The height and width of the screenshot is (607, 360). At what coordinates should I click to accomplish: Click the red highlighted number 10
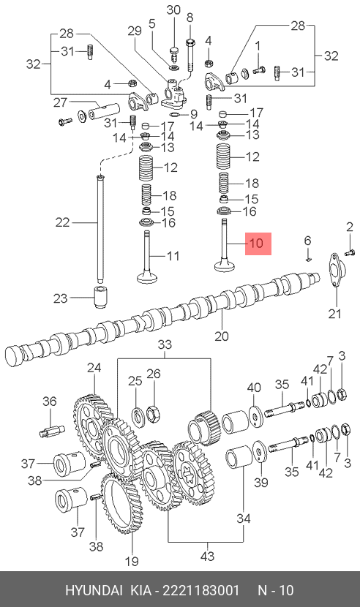click(257, 244)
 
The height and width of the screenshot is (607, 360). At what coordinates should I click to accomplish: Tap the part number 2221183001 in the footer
click(200, 590)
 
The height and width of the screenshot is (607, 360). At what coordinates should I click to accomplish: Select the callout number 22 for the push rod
click(62, 222)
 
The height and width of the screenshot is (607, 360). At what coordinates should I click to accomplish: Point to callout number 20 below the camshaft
click(222, 336)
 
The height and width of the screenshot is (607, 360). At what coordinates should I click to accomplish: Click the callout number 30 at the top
click(173, 10)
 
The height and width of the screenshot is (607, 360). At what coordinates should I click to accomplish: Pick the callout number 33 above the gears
click(165, 344)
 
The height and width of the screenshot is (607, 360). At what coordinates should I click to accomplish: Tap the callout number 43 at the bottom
click(208, 557)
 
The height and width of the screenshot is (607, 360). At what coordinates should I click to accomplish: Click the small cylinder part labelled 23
click(101, 298)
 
